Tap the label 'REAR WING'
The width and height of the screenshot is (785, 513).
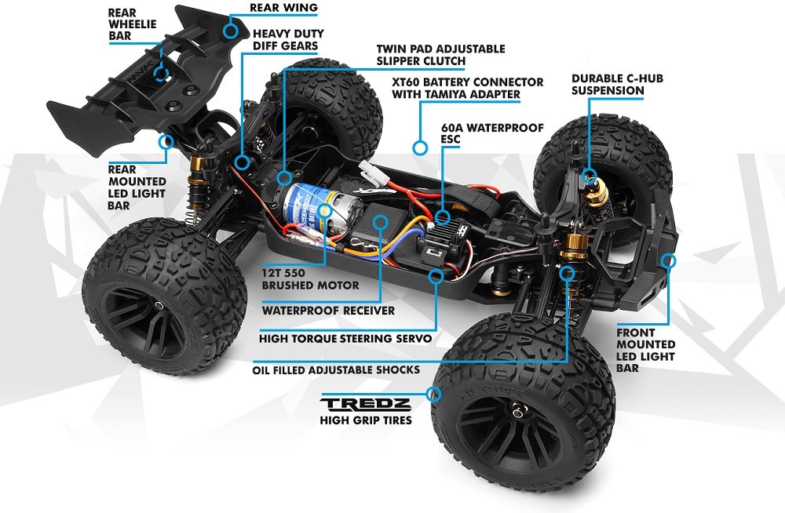pos(283,8)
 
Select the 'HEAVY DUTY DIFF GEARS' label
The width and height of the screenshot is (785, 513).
pos(288,40)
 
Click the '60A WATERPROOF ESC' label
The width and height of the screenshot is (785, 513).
pos(492,133)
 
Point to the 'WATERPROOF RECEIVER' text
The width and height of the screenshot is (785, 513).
pos(328,311)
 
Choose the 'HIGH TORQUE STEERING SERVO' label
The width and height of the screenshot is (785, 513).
pos(345,339)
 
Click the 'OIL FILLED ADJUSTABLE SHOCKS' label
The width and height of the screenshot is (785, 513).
pos(336,370)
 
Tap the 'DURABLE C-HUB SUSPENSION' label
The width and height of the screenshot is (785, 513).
pos(617,85)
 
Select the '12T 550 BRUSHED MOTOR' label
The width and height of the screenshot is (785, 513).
pos(310,279)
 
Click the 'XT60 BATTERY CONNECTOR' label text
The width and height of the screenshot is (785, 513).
pos(468,82)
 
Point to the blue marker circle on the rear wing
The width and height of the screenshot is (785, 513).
pos(231,30)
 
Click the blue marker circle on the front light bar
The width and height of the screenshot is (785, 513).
pos(669,260)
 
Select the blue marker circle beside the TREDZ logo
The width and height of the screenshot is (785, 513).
pos(434,394)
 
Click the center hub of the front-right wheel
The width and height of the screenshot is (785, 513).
pos(519,411)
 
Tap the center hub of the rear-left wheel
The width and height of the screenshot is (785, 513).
pos(159,305)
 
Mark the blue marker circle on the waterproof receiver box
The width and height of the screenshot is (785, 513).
pos(381,222)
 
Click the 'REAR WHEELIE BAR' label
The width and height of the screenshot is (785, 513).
pos(133,24)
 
